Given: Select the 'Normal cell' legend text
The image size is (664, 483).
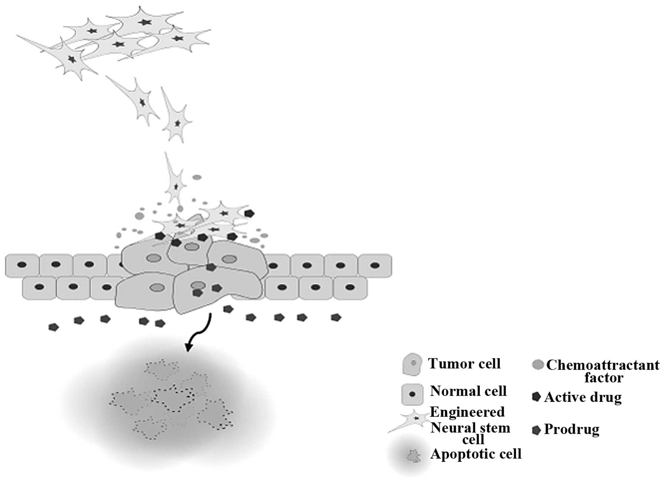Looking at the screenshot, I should coord(468,391).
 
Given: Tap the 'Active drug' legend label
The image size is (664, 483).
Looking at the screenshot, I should coord(583,397).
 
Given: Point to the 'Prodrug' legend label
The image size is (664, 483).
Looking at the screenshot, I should coord(572,429).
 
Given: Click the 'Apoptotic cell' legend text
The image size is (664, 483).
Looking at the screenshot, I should coord(476,454).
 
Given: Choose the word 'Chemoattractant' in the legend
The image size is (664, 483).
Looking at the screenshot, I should coord(603,365).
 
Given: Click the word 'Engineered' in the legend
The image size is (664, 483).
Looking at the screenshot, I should coord(467,412).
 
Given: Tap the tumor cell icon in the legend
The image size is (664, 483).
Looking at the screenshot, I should coord(412,364).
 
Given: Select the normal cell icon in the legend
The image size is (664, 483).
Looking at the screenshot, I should coord(412,394).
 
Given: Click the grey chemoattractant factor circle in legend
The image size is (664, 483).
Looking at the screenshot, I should coord(537,365).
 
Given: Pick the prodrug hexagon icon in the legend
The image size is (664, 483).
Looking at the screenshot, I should coord(536,430).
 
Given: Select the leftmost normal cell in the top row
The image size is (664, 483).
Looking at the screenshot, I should coord(22,265).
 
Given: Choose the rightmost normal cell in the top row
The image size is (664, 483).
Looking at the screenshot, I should coord(375,265).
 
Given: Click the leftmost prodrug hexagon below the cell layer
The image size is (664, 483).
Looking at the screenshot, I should coord(54,327).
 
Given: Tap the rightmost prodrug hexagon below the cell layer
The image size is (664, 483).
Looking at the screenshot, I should coord(336,317).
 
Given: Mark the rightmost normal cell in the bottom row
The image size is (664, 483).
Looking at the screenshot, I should coord(350,288).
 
